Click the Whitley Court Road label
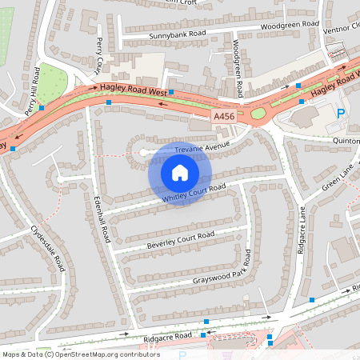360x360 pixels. pos(194,192)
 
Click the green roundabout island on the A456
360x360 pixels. pos(258,114)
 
